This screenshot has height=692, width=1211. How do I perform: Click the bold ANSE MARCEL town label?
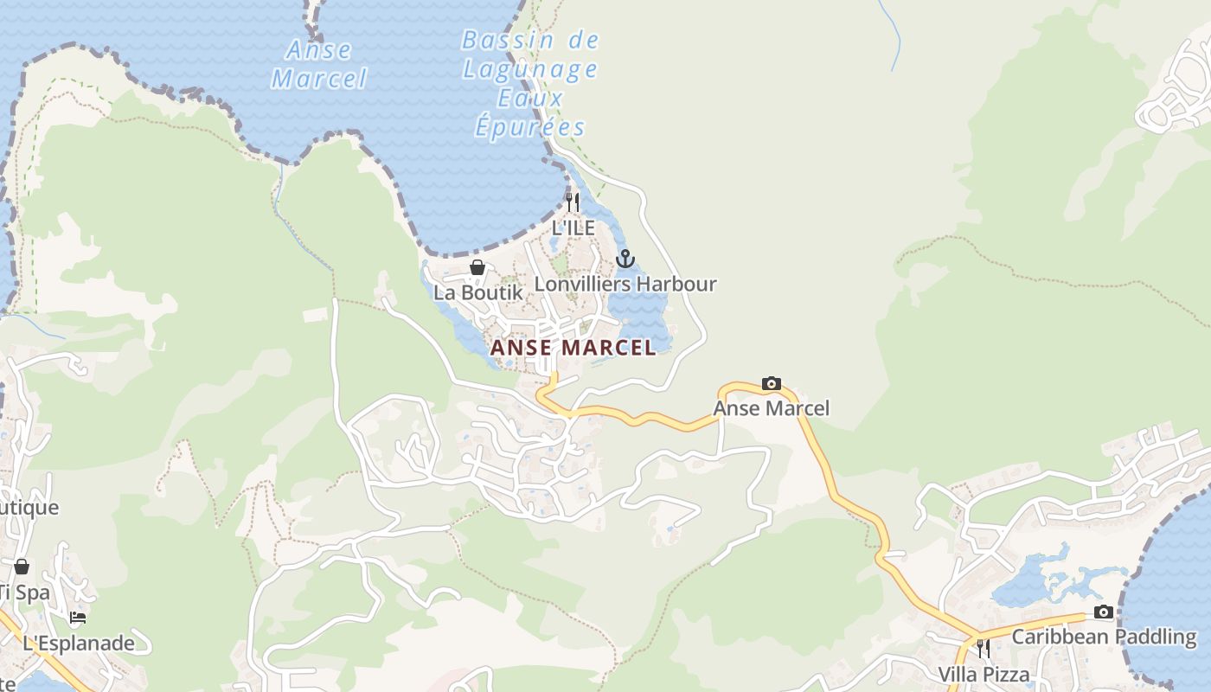click(573, 348)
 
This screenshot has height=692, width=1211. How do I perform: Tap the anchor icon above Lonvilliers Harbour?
click(625, 259)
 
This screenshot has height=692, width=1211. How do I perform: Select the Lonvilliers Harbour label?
click(625, 284)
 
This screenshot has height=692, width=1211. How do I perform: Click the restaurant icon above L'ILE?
click(573, 202)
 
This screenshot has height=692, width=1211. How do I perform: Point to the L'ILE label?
click(573, 227)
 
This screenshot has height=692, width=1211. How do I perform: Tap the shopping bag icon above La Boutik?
click(477, 267)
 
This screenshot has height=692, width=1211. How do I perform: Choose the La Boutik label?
click(477, 292)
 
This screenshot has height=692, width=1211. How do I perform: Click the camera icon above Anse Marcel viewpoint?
click(771, 383)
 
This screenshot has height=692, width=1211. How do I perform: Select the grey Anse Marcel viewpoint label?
click(771, 408)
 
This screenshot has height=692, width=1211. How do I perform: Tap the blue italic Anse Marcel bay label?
click(319, 64)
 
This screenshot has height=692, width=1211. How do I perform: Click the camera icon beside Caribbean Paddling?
click(1103, 612)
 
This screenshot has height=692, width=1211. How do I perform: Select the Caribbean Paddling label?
click(1104, 637)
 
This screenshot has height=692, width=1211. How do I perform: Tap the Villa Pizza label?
click(984, 674)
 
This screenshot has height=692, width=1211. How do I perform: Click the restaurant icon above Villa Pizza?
click(984, 649)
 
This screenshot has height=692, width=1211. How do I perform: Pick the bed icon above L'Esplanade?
click(78, 618)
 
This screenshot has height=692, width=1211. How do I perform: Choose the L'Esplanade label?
click(79, 643)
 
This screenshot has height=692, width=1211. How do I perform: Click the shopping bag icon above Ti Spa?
click(22, 567)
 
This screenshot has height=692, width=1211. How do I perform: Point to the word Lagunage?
click(530, 69)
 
